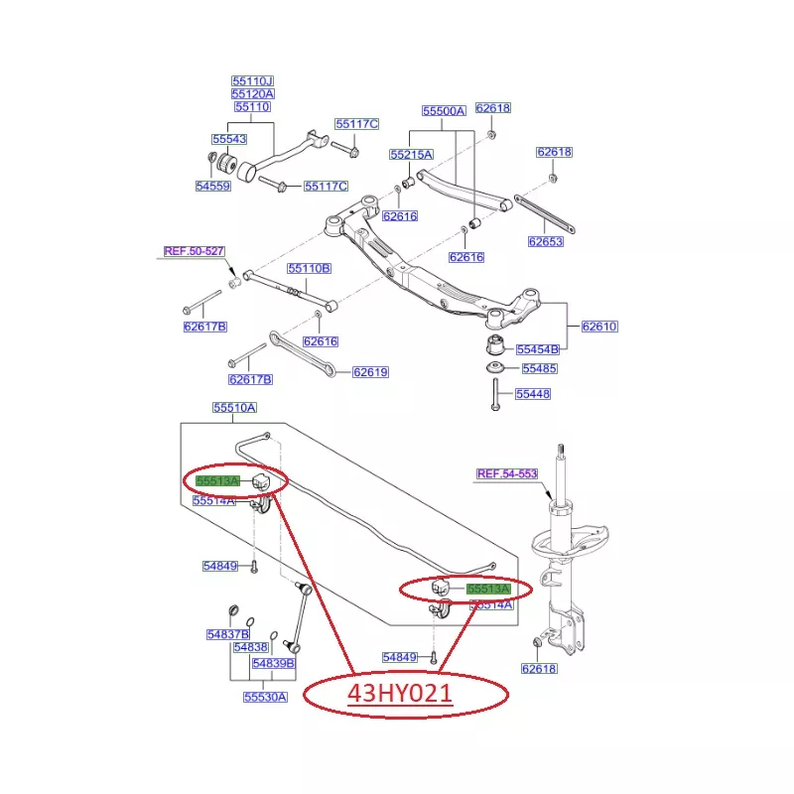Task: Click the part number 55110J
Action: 252,80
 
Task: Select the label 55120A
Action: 252,93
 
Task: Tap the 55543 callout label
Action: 229,140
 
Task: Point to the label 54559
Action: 212,186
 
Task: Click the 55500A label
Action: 443,111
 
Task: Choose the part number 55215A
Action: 411,155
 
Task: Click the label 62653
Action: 545,240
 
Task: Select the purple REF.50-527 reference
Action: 194,251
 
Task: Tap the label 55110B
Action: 309,268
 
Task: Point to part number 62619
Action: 370,372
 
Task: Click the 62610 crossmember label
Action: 599,326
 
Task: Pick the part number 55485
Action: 539,368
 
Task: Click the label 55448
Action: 532,394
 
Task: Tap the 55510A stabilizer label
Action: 234,407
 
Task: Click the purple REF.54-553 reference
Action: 506,474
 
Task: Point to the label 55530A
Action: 265,697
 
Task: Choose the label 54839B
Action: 273,663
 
